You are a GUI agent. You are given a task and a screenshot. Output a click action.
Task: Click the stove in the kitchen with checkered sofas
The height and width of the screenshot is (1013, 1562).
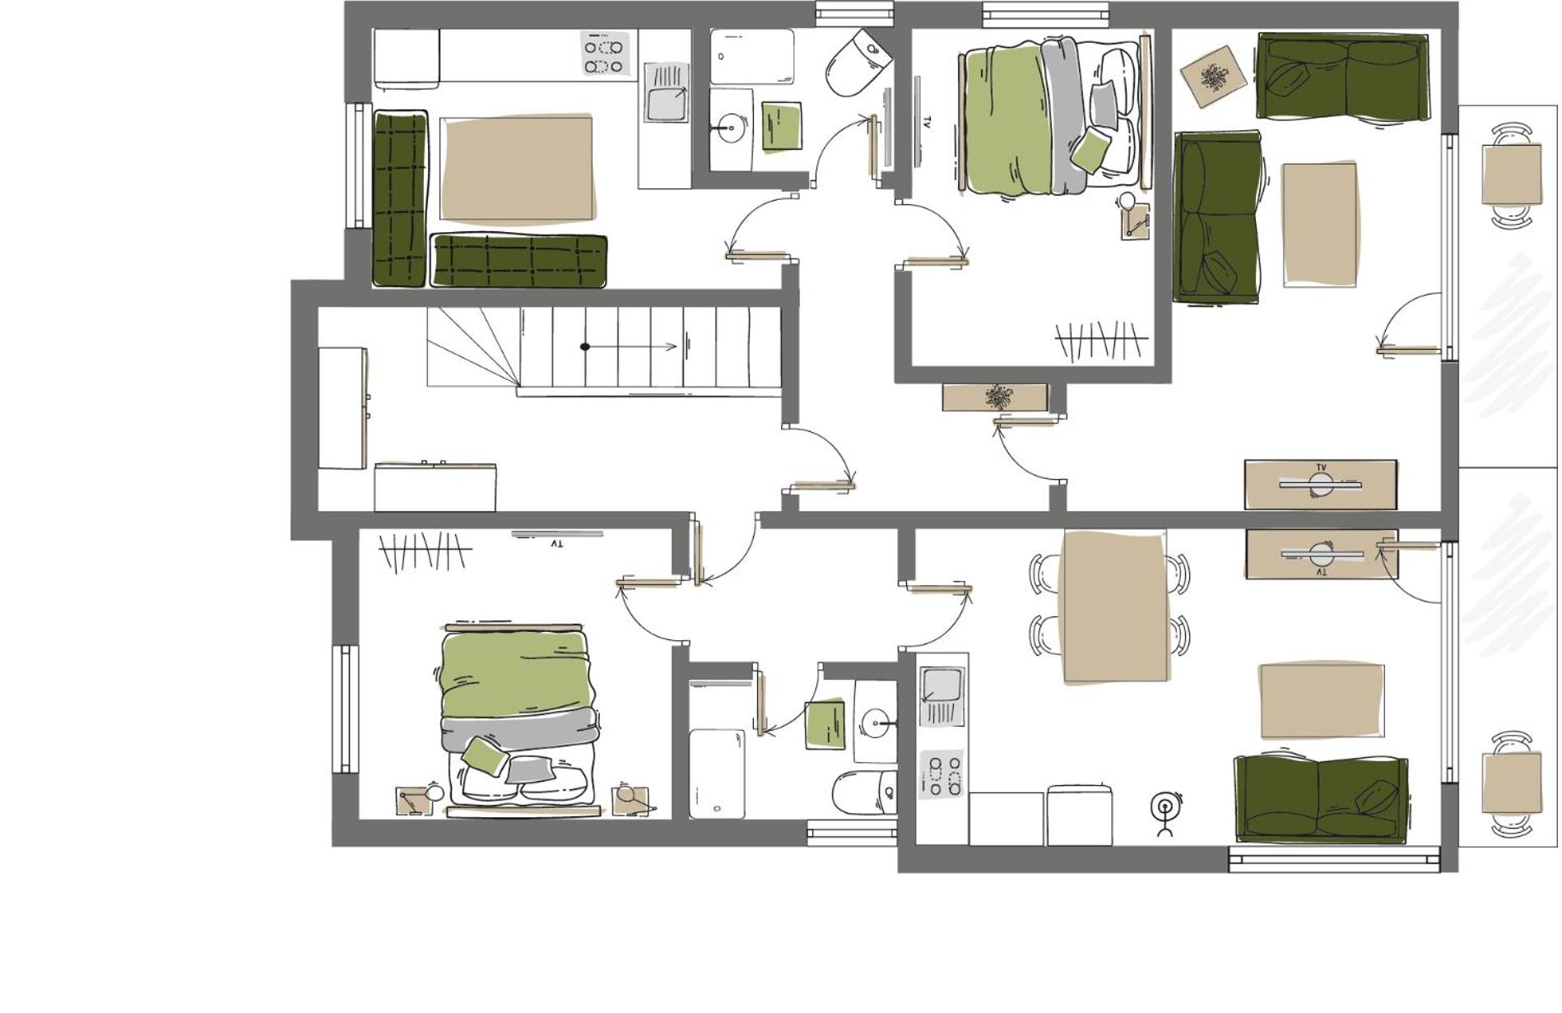[605, 54]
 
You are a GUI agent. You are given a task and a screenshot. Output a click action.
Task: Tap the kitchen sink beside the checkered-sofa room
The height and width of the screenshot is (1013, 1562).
[666, 93]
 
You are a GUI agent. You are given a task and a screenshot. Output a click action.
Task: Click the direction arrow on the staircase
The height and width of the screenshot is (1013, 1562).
[630, 346]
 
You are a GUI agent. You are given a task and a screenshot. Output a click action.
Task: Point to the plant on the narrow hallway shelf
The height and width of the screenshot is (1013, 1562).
[997, 397]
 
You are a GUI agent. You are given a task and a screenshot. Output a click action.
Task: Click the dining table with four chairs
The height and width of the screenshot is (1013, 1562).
[1114, 606]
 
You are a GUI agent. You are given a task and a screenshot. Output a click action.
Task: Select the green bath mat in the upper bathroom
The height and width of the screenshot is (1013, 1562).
[781, 126]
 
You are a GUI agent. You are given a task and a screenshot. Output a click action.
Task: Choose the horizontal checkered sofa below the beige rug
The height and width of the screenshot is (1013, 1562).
[518, 261]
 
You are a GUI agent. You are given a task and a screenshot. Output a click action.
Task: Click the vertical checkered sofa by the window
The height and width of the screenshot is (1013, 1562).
[400, 198]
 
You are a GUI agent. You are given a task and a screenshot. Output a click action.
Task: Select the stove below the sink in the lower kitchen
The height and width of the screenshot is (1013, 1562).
[941, 774]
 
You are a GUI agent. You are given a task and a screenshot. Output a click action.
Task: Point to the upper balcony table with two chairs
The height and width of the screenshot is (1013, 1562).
[1511, 174]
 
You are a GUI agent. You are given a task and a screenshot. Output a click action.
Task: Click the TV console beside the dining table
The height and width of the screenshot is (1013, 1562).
[1321, 554]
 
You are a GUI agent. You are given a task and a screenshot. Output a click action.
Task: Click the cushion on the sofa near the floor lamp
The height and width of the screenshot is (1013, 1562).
[1376, 796]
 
